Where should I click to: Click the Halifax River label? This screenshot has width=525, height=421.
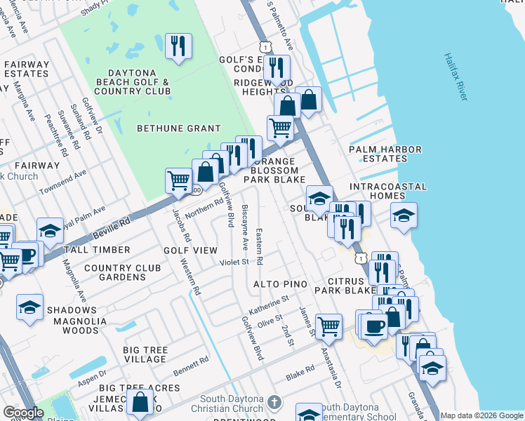(x=457, y=77)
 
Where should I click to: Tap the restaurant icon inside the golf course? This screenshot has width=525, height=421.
(x=178, y=47)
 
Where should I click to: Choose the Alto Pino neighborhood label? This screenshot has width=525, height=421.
(x=281, y=283)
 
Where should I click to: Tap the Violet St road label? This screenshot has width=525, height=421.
(x=235, y=262)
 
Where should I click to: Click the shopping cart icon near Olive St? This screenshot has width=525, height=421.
(x=328, y=326)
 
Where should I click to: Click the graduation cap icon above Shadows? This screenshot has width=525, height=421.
(x=30, y=307)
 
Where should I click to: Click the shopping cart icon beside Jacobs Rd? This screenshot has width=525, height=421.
(x=178, y=180)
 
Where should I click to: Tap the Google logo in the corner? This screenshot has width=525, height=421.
(x=23, y=413)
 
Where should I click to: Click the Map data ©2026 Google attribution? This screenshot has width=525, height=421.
(x=481, y=415)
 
